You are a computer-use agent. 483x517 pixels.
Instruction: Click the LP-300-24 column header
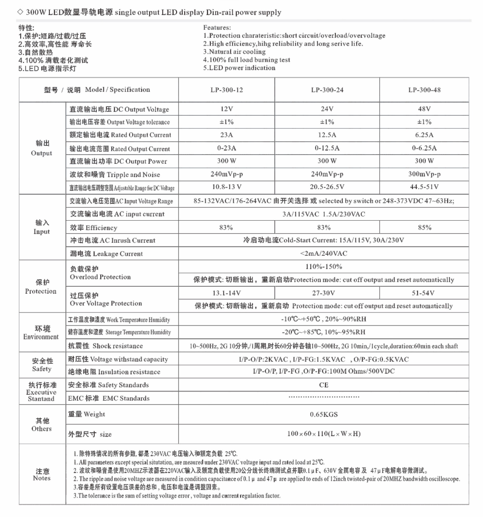tap(327, 90)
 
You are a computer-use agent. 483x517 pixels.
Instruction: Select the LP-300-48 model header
tap(424, 90)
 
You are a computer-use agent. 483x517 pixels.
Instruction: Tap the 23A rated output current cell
tap(226, 135)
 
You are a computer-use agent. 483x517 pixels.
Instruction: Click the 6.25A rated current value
tap(424, 135)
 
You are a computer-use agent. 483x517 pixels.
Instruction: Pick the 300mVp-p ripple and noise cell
tap(424, 174)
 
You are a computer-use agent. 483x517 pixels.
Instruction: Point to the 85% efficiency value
tap(424, 227)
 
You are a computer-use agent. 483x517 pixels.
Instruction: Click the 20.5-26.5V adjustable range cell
tap(327, 187)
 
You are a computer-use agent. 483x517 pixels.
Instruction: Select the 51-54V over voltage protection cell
tap(423, 293)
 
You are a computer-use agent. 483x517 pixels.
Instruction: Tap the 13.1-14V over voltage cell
tap(226, 293)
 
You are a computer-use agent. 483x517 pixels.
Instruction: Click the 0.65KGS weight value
tap(324, 414)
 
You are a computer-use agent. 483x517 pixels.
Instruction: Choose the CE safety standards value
tap(324, 385)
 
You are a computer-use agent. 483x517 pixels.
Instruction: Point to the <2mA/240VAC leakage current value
tap(324, 253)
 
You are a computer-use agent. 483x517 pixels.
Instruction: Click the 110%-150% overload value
tap(324, 266)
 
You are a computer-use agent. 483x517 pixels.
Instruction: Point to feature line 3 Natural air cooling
tap(234, 52)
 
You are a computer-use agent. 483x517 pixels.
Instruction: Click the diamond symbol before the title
tap(20, 12)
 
